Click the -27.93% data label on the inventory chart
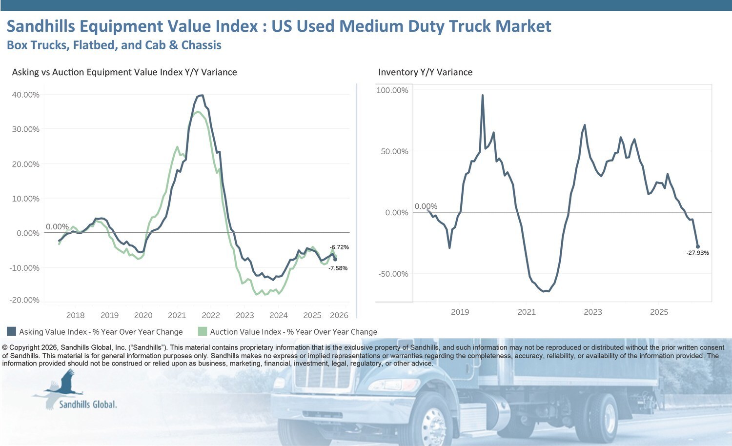coord(697,253)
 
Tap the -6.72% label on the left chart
coord(339,247)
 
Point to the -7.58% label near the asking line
coord(338,268)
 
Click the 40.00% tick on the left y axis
coord(25,95)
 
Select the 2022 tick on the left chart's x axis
coord(211,315)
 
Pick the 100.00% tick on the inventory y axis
coord(392,90)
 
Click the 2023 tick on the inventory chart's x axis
coord(593,312)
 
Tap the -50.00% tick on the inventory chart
coord(393,274)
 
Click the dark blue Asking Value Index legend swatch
coord(12,331)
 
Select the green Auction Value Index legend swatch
coord(202,331)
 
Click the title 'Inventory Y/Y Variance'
coord(425,72)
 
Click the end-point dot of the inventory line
coord(697,246)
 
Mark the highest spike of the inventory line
coord(483,96)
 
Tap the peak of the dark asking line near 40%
coord(202,96)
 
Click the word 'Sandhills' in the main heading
coord(41,26)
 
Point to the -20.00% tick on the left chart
coord(24,300)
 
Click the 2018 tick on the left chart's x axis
coord(75,315)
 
